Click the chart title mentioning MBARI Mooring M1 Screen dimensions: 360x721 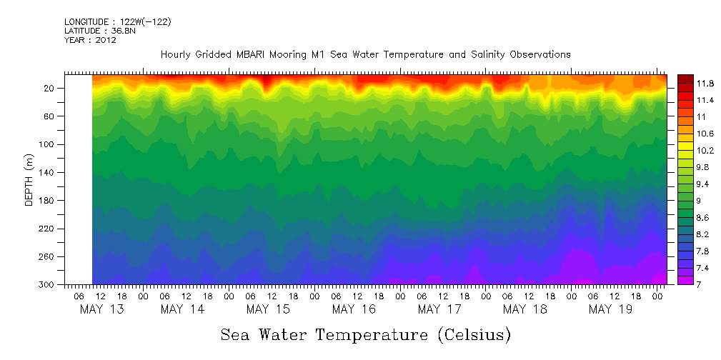[x=365, y=55]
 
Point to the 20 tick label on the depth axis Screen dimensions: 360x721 [x=50, y=88]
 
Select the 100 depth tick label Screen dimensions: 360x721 [x=48, y=144]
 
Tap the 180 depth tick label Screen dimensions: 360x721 [x=48, y=201]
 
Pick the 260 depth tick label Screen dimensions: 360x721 [x=48, y=256]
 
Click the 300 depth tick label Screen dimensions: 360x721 [x=48, y=284]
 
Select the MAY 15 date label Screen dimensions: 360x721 [x=267, y=309]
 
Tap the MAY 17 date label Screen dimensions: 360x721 [x=439, y=309]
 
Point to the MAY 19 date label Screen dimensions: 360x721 [x=610, y=309]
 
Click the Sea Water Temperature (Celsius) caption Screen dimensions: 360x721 [x=365, y=335]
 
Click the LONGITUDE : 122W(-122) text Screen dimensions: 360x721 [x=117, y=22]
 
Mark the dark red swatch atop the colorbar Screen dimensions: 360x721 [x=685, y=78]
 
